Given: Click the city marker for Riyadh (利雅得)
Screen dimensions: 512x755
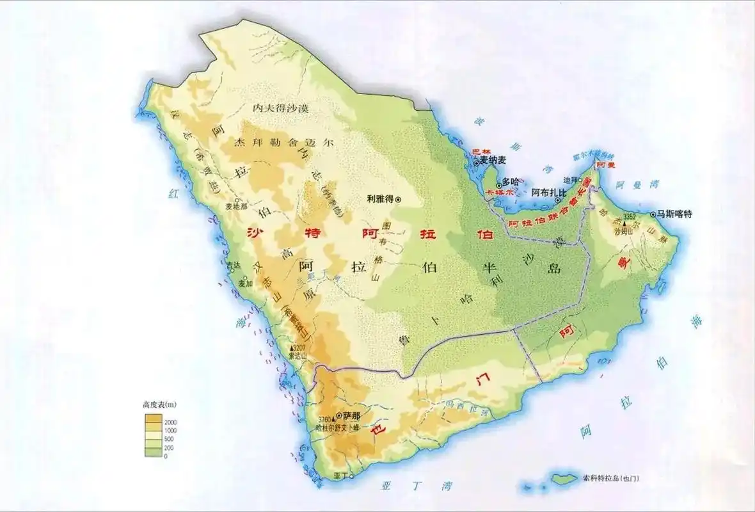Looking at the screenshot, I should click(398, 199).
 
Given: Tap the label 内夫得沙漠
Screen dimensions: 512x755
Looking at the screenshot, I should click(281, 108).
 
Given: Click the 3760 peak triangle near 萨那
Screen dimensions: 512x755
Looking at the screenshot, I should click(333, 420).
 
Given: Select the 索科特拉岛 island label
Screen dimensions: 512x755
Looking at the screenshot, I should click(611, 478).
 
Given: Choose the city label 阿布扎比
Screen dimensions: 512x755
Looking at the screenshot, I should click(549, 193).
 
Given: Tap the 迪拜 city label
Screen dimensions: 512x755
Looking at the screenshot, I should click(569, 180).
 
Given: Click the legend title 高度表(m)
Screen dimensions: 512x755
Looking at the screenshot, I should click(159, 404).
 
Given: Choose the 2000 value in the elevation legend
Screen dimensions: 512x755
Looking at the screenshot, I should click(171, 423).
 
